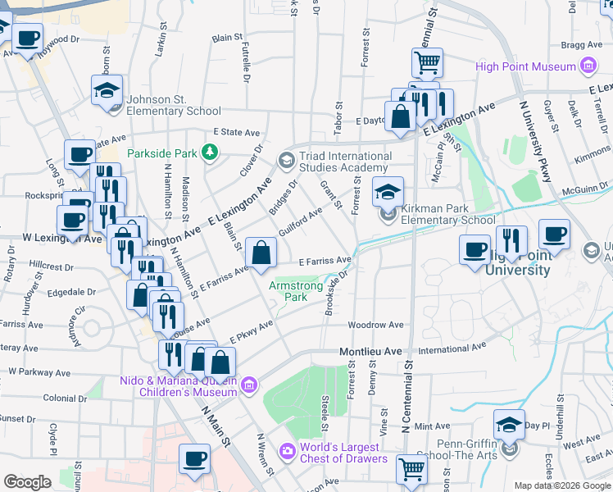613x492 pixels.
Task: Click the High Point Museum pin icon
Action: [x=587, y=66]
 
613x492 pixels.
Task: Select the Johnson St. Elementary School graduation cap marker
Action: [x=107, y=92]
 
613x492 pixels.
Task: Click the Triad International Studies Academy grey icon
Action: [x=286, y=159]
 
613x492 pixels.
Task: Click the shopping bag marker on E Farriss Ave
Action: [x=261, y=255]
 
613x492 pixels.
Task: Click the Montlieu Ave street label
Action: [x=371, y=351]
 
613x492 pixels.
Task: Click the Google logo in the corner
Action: [x=27, y=482]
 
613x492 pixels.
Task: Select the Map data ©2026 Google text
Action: [x=561, y=485]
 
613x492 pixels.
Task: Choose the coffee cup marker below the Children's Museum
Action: [x=194, y=460]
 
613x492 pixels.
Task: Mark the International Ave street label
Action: [x=447, y=349]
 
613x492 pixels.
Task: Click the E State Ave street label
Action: [x=236, y=132]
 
